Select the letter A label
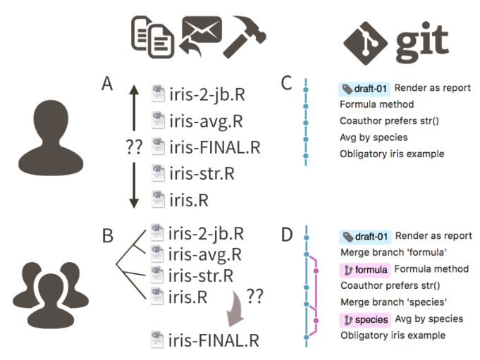(x=107, y=85)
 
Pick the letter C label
(x=286, y=84)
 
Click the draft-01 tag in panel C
(x=364, y=89)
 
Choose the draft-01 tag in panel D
(x=364, y=236)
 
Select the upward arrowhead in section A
(x=133, y=90)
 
